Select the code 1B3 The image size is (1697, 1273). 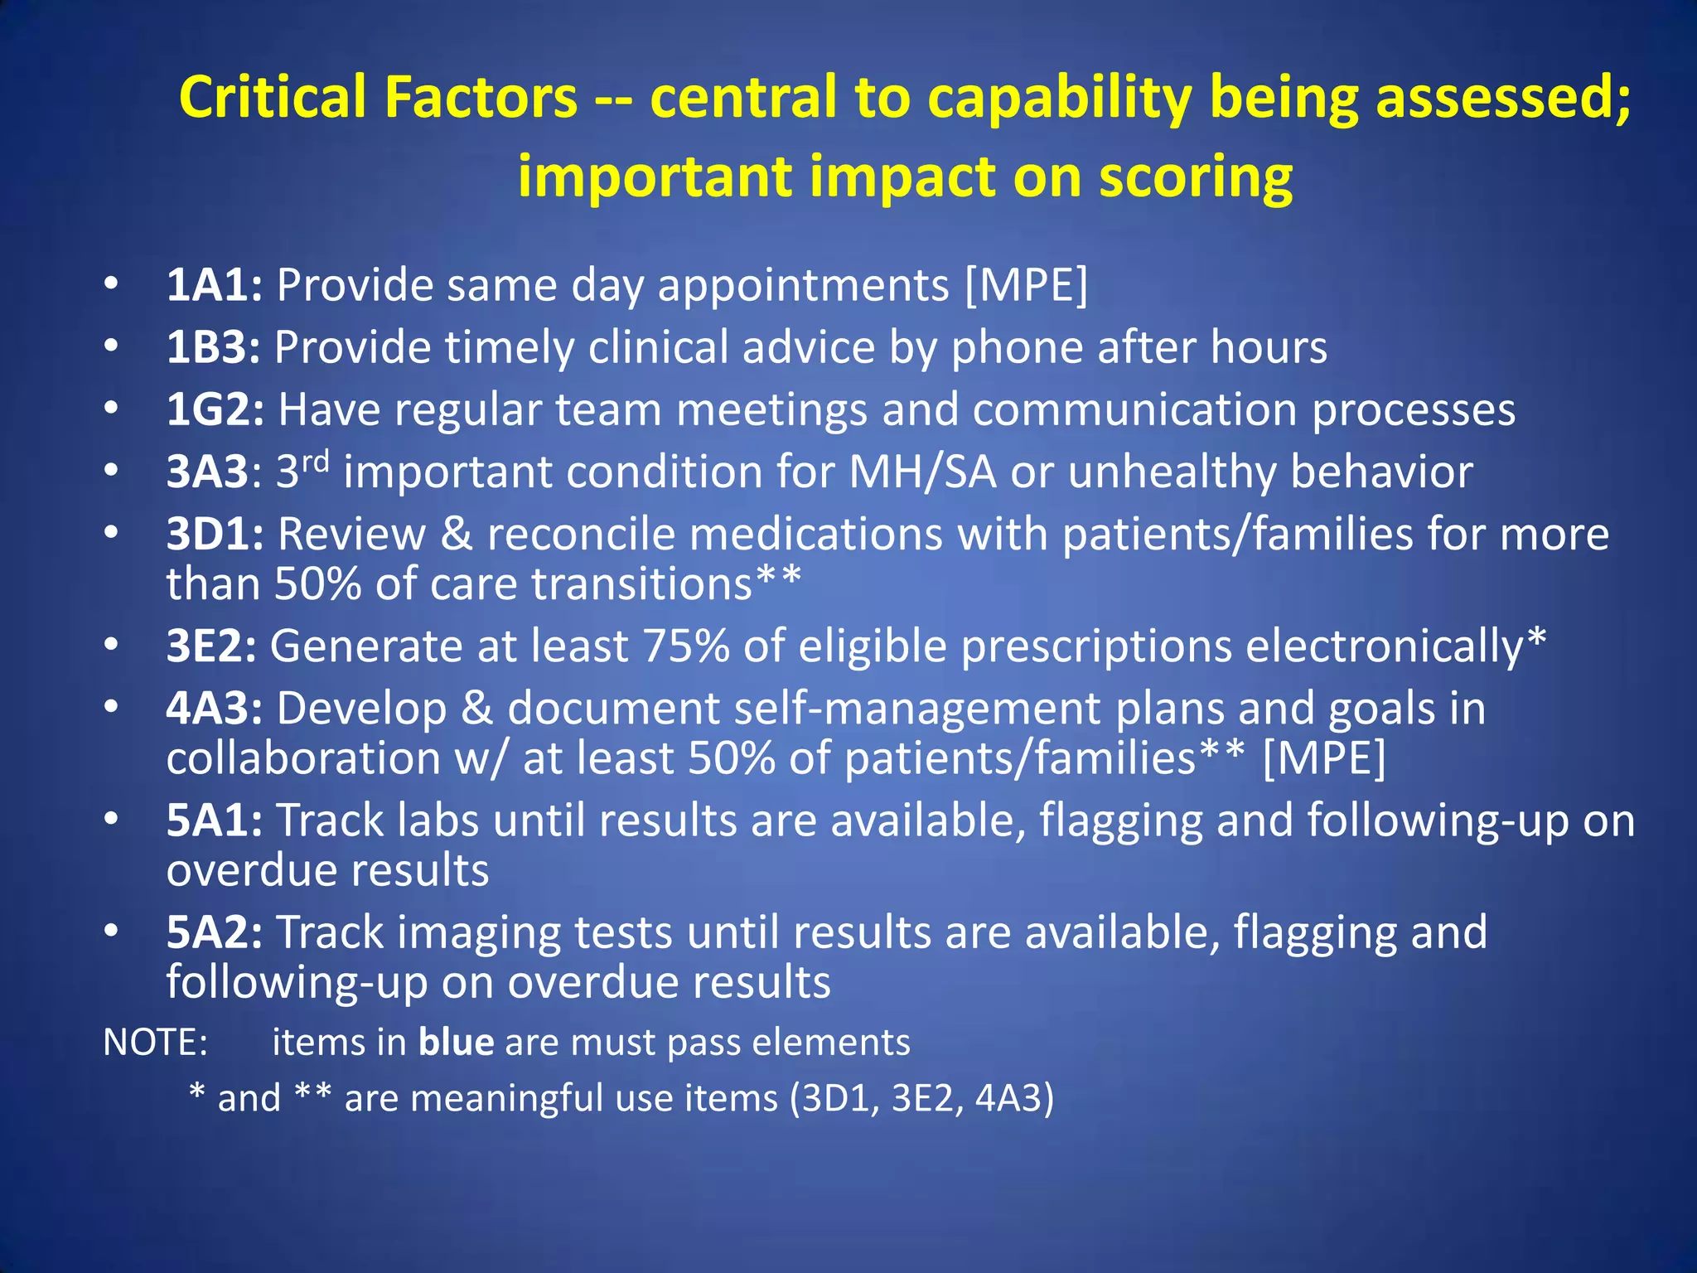[x=213, y=348]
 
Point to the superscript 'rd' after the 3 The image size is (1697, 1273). [x=315, y=460]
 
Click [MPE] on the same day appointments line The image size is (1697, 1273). [x=1027, y=286]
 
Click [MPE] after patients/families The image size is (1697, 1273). [x=1323, y=758]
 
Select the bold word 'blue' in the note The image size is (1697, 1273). [x=457, y=1043]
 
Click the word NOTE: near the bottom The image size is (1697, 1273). [x=155, y=1043]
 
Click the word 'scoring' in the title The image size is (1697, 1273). [x=1195, y=178]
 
